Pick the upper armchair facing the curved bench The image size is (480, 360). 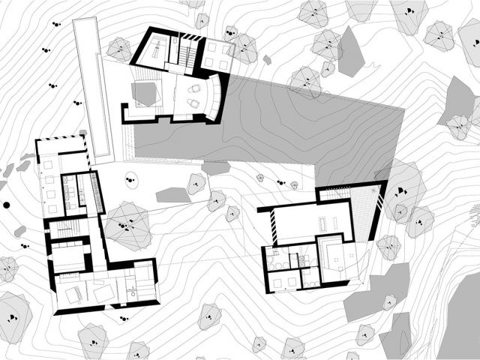194,86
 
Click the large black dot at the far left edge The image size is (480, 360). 6,204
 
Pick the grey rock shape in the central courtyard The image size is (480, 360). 172,195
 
